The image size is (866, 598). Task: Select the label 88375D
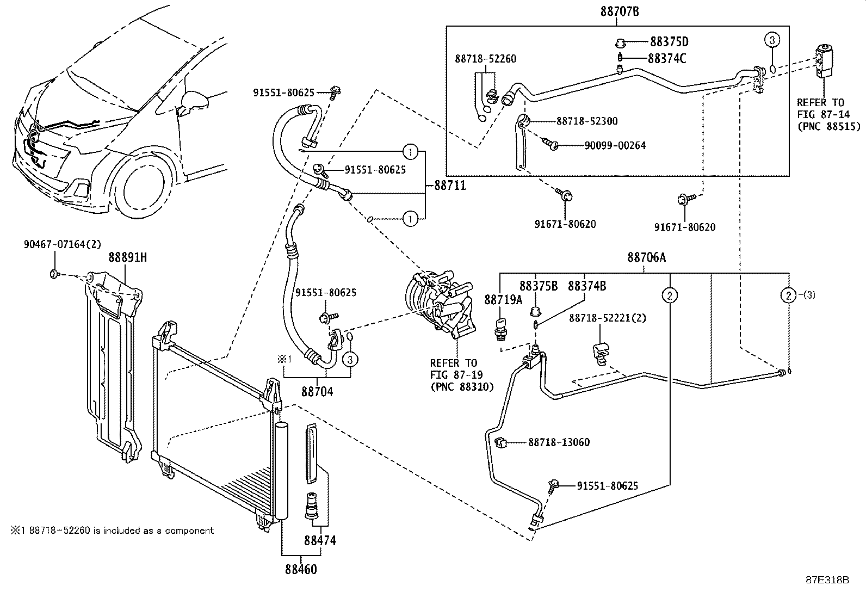click(x=669, y=41)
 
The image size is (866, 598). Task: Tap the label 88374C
click(x=667, y=58)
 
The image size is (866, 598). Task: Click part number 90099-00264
click(x=615, y=145)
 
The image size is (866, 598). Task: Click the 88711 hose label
click(x=449, y=186)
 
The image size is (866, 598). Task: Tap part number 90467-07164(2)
click(x=63, y=245)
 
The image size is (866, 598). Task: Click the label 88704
click(x=318, y=391)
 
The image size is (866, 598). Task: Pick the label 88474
click(x=320, y=540)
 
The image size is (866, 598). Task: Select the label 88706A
click(x=646, y=258)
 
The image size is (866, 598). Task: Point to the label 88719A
click(x=503, y=300)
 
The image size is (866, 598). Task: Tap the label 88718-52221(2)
click(x=608, y=318)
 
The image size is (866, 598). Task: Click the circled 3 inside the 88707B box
click(x=771, y=39)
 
